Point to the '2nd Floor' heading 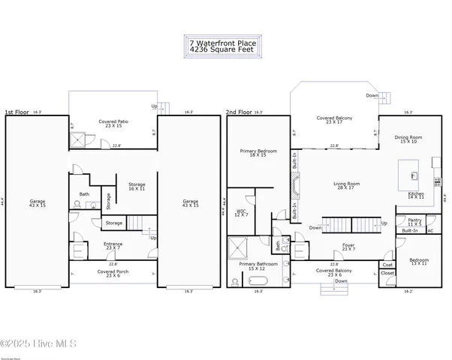(x=238, y=112)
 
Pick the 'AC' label (x=430, y=231)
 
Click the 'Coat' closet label (x=387, y=265)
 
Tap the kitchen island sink (x=412, y=176)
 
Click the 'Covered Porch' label (x=113, y=273)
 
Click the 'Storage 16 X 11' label (x=137, y=186)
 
